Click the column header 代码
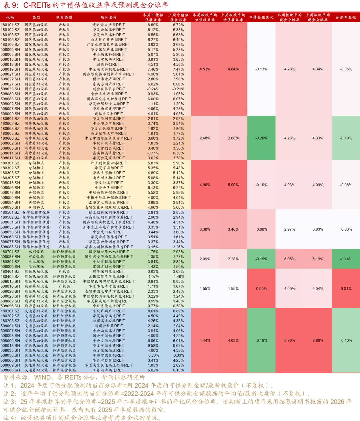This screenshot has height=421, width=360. pyautogui.click(x=10, y=17)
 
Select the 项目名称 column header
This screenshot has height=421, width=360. pyautogui.click(x=109, y=17)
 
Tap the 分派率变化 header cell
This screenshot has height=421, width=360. pyautogui.click(x=346, y=17)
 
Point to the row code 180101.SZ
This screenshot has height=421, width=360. pyautogui.click(x=10, y=25)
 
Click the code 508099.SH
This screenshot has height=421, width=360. pyautogui.click(x=10, y=114)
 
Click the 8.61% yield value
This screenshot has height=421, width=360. pyautogui.click(x=153, y=311)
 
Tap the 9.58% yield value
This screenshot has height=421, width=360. pyautogui.click(x=153, y=346)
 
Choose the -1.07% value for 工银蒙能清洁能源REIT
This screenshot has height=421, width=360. pyautogui.click(x=153, y=276)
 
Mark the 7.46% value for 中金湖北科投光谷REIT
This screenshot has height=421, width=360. pyautogui.click(x=153, y=69)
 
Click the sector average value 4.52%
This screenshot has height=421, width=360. pyautogui.click(x=205, y=69)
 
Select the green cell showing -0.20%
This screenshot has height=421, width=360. pyautogui.click(x=261, y=138)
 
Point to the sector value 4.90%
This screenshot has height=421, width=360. pyautogui.click(x=205, y=185)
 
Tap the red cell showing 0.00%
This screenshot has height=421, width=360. pyautogui.click(x=261, y=289)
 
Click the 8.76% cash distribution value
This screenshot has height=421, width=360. pyautogui.click(x=289, y=341)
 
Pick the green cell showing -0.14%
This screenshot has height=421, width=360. pyautogui.click(x=346, y=259)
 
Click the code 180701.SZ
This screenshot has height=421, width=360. pyautogui.click(x=10, y=252)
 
